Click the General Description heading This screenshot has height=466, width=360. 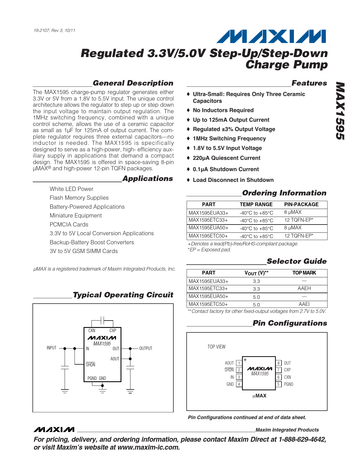[133, 83]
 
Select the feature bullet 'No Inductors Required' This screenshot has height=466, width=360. [223, 110]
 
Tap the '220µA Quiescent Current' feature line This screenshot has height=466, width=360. [226, 158]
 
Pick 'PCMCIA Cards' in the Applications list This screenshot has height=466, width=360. [69, 225]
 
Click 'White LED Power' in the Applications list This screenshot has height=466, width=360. [71, 189]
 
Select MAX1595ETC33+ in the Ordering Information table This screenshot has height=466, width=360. [208, 220]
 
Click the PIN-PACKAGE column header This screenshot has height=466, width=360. [301, 204]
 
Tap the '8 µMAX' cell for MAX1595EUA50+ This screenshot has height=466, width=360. [293, 228]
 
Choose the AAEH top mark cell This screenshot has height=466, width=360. [304, 288]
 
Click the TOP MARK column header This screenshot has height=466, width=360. [304, 273]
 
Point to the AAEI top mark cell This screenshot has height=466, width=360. [304, 304]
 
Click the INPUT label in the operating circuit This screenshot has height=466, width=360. [51, 348]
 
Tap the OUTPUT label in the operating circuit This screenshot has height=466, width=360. [146, 349]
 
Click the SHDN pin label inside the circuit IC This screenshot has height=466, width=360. [90, 365]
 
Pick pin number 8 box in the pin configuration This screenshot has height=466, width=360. [278, 363]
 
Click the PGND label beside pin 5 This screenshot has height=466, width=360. [289, 384]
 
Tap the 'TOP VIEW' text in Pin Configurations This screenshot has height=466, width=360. [217, 347]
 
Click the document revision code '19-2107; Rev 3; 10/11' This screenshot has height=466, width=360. [54, 31]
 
